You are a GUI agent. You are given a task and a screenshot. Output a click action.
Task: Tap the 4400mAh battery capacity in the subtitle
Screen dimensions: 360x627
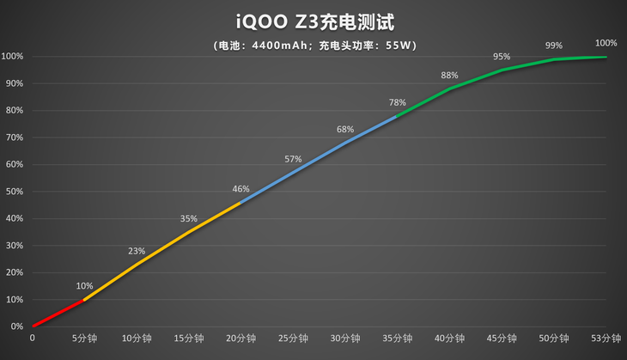tap(282, 46)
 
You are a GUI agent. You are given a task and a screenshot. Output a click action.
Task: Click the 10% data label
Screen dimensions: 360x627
tap(84, 286)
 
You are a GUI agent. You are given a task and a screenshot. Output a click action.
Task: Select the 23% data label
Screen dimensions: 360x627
tap(137, 251)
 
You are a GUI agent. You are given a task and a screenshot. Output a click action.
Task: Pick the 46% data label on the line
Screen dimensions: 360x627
tap(240, 189)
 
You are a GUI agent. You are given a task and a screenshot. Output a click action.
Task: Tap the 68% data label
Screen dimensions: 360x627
tap(345, 130)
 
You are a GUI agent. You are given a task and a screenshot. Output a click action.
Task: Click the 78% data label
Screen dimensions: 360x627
tap(397, 102)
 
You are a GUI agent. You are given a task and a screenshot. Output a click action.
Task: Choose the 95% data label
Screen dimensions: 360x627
tap(502, 57)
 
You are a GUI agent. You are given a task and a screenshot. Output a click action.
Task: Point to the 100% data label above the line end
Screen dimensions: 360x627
tap(606, 43)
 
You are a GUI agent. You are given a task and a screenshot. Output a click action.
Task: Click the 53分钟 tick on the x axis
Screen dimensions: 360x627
tap(606, 339)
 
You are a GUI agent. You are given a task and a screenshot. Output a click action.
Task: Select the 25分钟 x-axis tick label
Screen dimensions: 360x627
tap(293, 339)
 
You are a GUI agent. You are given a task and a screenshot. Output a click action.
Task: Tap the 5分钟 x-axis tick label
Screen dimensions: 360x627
tap(84, 339)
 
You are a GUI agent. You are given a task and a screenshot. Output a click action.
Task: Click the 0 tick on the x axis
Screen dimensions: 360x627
tap(33, 339)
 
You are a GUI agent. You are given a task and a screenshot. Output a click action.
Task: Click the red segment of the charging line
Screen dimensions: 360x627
tap(58, 314)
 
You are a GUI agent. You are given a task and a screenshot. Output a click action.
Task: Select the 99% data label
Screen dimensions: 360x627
tap(554, 46)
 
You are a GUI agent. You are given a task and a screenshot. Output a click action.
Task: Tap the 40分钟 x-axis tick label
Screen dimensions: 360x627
tap(449, 339)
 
